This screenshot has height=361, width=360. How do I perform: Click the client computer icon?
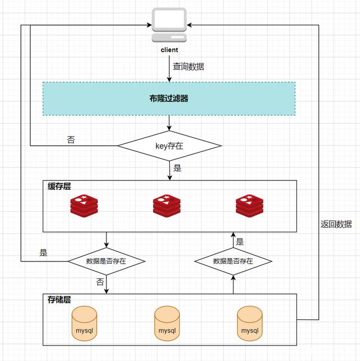point(169,25)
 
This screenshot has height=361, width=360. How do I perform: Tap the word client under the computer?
point(169,50)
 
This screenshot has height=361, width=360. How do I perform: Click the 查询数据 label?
point(188,66)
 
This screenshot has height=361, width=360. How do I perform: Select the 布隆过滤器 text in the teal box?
point(169,98)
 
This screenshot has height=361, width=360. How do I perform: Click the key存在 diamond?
point(169,146)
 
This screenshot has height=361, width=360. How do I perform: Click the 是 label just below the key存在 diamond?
point(178,168)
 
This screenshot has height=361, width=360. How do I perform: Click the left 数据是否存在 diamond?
point(106,261)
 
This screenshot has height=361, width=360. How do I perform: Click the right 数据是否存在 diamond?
point(233,261)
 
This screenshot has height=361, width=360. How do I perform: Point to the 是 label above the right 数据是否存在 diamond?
point(240,242)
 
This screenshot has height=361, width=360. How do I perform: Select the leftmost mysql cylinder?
point(84,324)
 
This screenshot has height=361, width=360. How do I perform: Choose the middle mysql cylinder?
point(167,324)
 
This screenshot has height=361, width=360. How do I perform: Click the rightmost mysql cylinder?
point(250,324)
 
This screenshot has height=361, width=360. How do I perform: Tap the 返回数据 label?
point(336,224)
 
